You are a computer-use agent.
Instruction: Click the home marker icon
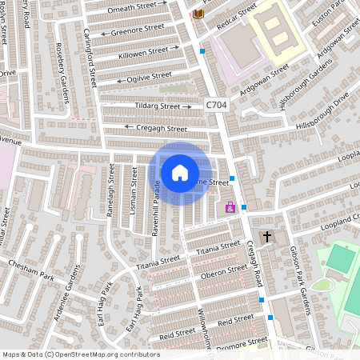click(180, 173)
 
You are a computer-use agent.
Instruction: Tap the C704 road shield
click(215, 105)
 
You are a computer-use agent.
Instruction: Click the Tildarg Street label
click(158, 106)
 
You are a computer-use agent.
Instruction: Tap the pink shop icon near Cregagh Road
click(230, 207)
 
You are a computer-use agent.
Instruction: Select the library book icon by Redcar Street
click(198, 14)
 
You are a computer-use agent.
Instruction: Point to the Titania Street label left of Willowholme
click(158, 261)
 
